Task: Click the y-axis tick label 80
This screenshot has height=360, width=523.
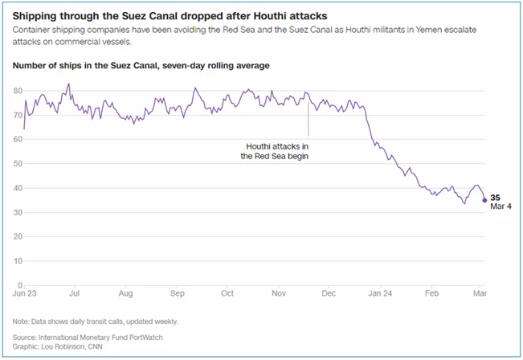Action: click(18, 91)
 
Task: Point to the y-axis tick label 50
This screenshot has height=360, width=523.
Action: click(18, 164)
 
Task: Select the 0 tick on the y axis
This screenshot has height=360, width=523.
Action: click(20, 285)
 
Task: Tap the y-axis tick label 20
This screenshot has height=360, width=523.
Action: click(18, 237)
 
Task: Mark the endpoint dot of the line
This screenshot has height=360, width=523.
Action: click(484, 200)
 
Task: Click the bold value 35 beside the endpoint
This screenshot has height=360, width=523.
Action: click(495, 197)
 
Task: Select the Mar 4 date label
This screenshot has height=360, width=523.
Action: click(501, 207)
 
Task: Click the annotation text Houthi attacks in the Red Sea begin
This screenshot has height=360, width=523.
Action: click(276, 152)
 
